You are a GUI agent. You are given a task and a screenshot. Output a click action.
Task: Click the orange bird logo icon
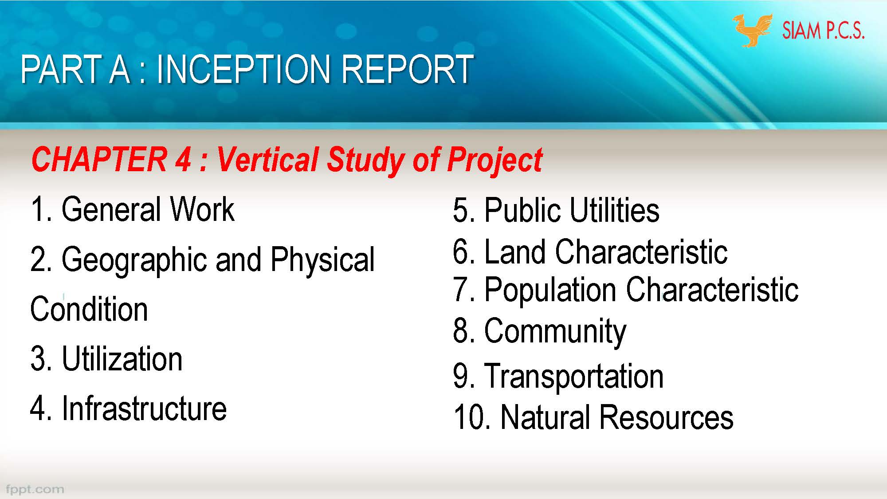[x=752, y=30]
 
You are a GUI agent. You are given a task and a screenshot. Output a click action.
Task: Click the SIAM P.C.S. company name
[x=823, y=31]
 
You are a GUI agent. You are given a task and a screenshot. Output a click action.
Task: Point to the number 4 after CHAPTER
[x=182, y=160]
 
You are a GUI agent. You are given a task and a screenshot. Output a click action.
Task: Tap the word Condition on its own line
[x=89, y=309]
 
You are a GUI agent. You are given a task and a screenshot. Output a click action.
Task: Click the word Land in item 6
[x=514, y=252]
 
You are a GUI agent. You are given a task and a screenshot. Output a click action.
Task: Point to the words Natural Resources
[x=616, y=417]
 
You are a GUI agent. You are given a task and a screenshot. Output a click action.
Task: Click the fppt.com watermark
[x=35, y=489]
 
